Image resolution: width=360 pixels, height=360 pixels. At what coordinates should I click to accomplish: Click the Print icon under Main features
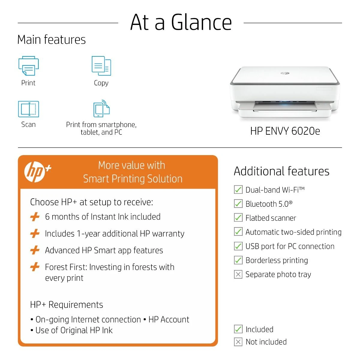click(x=28, y=66)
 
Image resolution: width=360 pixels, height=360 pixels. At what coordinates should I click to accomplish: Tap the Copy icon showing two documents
click(x=101, y=66)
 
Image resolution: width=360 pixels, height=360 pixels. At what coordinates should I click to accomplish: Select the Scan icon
click(x=28, y=109)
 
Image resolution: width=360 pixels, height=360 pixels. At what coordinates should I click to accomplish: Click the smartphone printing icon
click(x=101, y=108)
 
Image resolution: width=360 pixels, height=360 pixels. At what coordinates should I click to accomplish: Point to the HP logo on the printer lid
click(x=285, y=73)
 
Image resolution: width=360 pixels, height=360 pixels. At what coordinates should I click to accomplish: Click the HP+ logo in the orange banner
click(x=37, y=172)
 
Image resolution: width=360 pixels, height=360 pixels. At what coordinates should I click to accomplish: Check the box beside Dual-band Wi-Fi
click(x=238, y=189)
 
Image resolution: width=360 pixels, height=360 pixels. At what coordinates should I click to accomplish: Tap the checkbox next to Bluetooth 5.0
click(x=238, y=203)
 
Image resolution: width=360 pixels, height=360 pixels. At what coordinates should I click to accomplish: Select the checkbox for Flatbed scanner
click(x=238, y=217)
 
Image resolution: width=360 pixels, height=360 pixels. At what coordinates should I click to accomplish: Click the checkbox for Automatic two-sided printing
click(x=238, y=232)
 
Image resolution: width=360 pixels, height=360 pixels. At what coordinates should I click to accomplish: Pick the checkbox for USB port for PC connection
click(x=238, y=246)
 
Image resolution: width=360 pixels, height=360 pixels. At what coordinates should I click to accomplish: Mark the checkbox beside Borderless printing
click(x=238, y=260)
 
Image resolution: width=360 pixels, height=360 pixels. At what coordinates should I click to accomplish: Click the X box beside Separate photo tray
click(x=238, y=274)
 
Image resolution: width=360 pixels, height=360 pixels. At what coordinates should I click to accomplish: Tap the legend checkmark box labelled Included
click(x=238, y=329)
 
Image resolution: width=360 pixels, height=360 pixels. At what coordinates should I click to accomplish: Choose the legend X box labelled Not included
click(x=238, y=342)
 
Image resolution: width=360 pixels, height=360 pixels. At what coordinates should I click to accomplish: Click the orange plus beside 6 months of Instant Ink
click(x=35, y=217)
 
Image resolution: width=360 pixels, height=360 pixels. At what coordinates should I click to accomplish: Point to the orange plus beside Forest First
click(x=35, y=267)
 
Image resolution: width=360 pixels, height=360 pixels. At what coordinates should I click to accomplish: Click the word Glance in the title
click(x=201, y=22)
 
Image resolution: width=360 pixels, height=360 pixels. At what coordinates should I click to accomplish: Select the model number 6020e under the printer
click(x=306, y=131)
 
